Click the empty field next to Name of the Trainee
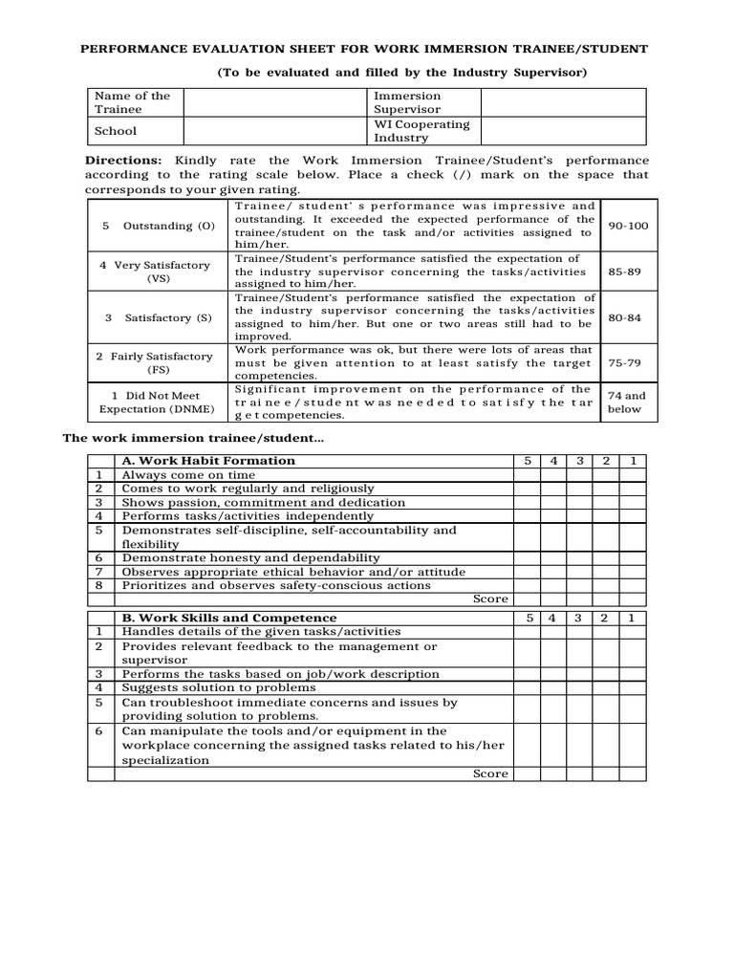pos(274,102)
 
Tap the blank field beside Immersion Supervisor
pos(563,102)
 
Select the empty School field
pos(274,130)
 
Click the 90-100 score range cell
pos(624,226)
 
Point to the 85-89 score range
pos(624,272)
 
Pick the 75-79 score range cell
pos(624,362)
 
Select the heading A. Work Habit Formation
pos(208,461)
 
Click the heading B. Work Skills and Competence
pos(229,618)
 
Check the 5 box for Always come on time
pos(527,475)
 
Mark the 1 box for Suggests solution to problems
pos(631,687)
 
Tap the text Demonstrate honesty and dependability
pos(250,557)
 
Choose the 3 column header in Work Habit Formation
pos(579,461)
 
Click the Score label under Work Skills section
pos(490,773)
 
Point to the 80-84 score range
pos(624,316)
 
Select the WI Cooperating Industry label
pos(421,131)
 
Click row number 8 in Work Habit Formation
pos(98,585)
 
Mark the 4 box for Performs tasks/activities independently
pos(552,516)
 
